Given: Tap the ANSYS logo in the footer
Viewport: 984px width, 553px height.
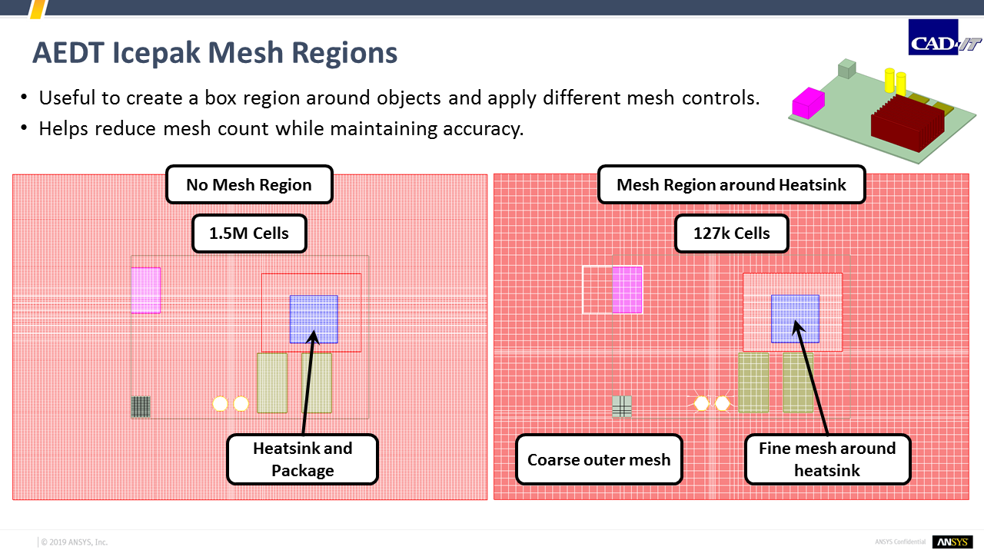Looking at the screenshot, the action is pos(952,542).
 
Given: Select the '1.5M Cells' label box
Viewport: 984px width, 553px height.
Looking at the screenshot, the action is pos(249,233).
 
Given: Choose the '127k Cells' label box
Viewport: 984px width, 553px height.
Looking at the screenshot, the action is pos(731,233).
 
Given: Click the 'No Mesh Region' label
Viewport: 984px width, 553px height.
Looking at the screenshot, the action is pos(249,185).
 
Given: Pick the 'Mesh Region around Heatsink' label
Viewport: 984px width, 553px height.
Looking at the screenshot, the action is pos(731,185).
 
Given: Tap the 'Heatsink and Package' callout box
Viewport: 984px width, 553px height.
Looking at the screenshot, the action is pos(303,459).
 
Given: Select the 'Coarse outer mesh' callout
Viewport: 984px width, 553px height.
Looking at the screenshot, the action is pos(599,459).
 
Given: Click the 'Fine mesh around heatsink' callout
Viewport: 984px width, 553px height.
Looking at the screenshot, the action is pos(827,459).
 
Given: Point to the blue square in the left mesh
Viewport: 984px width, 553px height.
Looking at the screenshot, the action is pos(314,319).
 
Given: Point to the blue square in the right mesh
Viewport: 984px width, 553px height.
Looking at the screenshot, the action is pos(795,319).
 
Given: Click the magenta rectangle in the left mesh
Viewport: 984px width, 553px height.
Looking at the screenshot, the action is pos(146,290).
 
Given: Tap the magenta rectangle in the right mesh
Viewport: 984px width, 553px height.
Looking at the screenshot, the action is pos(627,290).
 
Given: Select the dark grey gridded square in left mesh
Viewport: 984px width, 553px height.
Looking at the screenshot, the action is pos(141,407).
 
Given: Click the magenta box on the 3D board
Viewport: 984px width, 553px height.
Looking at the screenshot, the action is pos(808,103).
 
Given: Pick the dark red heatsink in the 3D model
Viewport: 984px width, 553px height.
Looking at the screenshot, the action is pos(908,123).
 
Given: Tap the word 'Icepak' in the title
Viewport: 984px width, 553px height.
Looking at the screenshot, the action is pos(156,53).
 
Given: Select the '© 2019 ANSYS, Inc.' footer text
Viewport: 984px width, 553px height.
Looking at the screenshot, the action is pos(75,542).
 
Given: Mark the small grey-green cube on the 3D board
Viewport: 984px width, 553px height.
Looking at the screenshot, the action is pos(847,68).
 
